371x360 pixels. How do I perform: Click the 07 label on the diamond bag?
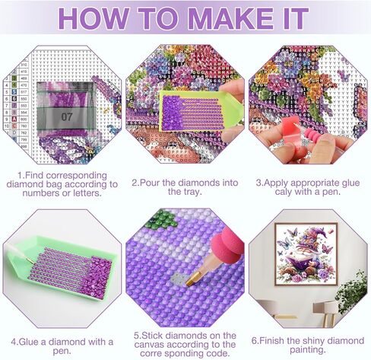(68, 116)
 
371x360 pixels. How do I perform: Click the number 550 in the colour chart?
(23, 98)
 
